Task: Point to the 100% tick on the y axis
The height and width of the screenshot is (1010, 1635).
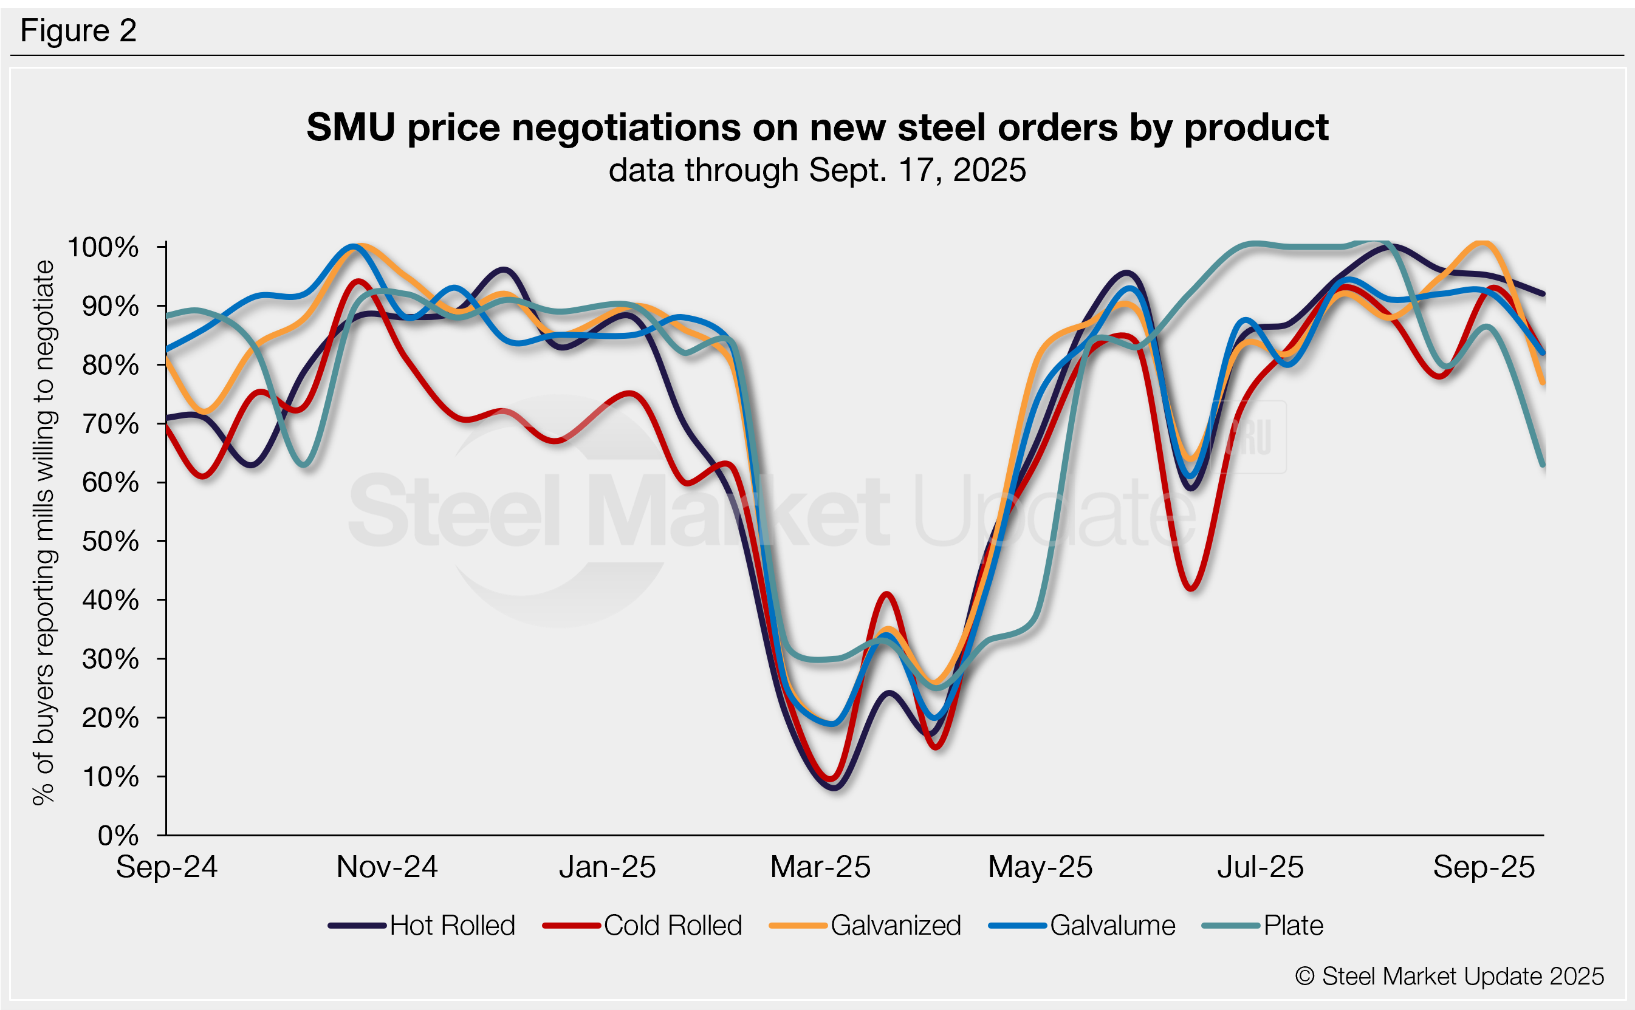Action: tap(103, 247)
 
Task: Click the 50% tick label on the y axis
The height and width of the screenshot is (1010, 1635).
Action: tap(110, 541)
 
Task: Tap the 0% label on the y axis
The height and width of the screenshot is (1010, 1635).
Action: tap(118, 836)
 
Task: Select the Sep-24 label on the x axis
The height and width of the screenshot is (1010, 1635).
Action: tap(166, 867)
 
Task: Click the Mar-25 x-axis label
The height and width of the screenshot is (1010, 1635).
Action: tap(820, 867)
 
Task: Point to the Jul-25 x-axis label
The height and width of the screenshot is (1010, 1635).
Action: tap(1260, 867)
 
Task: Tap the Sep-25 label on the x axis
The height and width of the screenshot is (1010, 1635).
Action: tap(1483, 867)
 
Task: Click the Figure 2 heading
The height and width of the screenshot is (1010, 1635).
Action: tap(78, 31)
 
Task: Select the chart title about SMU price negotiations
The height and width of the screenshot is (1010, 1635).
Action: tap(817, 127)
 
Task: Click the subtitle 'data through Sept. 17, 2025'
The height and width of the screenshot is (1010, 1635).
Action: tap(817, 169)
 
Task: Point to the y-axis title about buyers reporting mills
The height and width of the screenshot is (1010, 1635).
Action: tap(43, 533)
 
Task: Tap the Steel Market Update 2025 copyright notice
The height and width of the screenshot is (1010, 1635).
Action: tap(1449, 976)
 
